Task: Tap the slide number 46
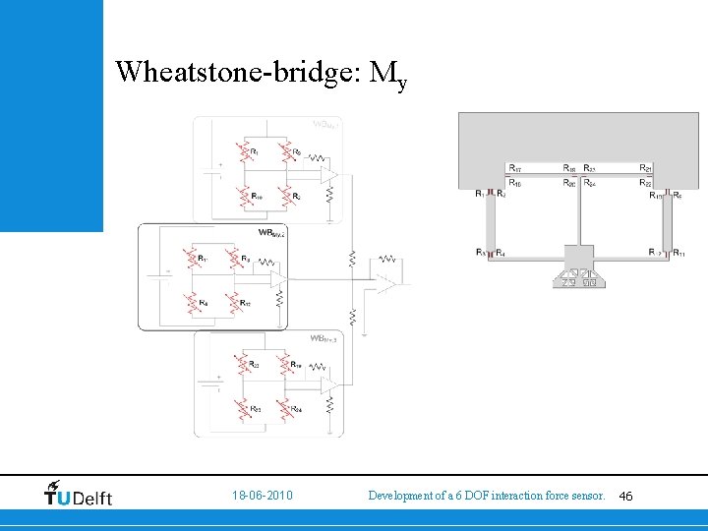626,498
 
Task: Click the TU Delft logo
79,494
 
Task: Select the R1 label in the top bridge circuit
256,152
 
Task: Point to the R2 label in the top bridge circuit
296,197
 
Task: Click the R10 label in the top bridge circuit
257,197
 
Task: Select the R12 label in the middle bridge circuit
245,303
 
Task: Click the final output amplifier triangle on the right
386,283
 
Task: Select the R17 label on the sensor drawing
515,168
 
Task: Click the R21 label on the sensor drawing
645,168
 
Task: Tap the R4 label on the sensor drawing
501,254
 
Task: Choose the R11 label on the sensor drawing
678,254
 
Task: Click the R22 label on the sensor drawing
645,182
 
